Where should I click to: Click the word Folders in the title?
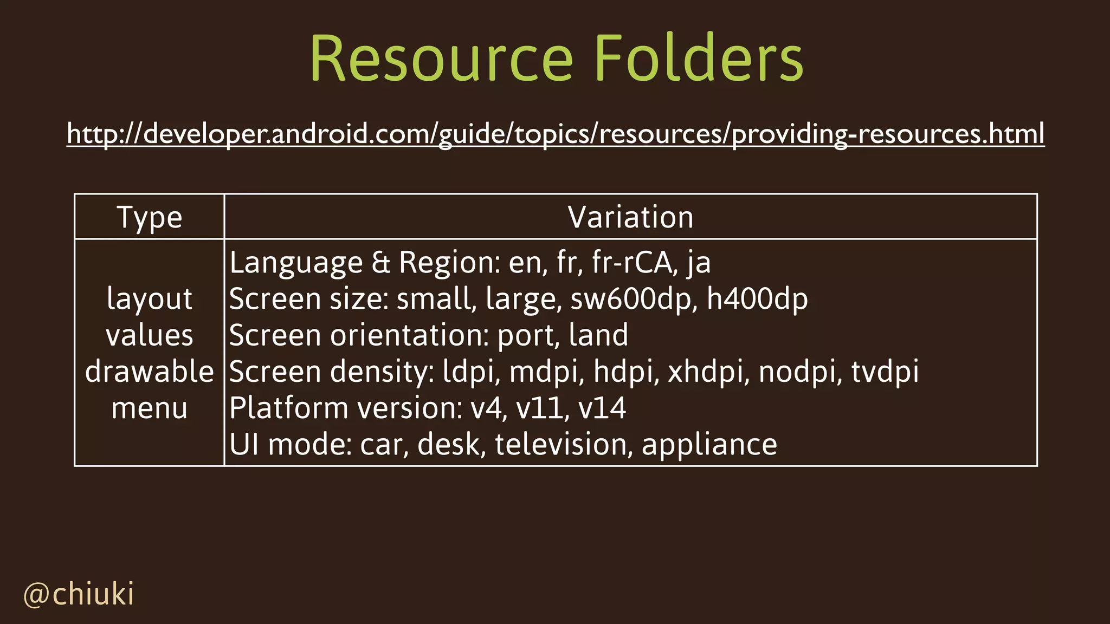699,58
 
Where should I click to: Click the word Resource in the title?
441,58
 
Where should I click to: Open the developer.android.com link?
556,133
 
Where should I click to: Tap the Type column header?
150,218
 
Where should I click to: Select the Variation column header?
630,218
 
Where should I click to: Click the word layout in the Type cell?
150,299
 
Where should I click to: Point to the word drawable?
150,372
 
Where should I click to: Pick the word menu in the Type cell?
150,408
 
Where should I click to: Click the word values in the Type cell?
150,335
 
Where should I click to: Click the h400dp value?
757,299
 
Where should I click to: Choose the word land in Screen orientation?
598,335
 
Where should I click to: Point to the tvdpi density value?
885,372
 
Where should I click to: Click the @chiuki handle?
79,594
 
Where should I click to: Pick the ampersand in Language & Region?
381,263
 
